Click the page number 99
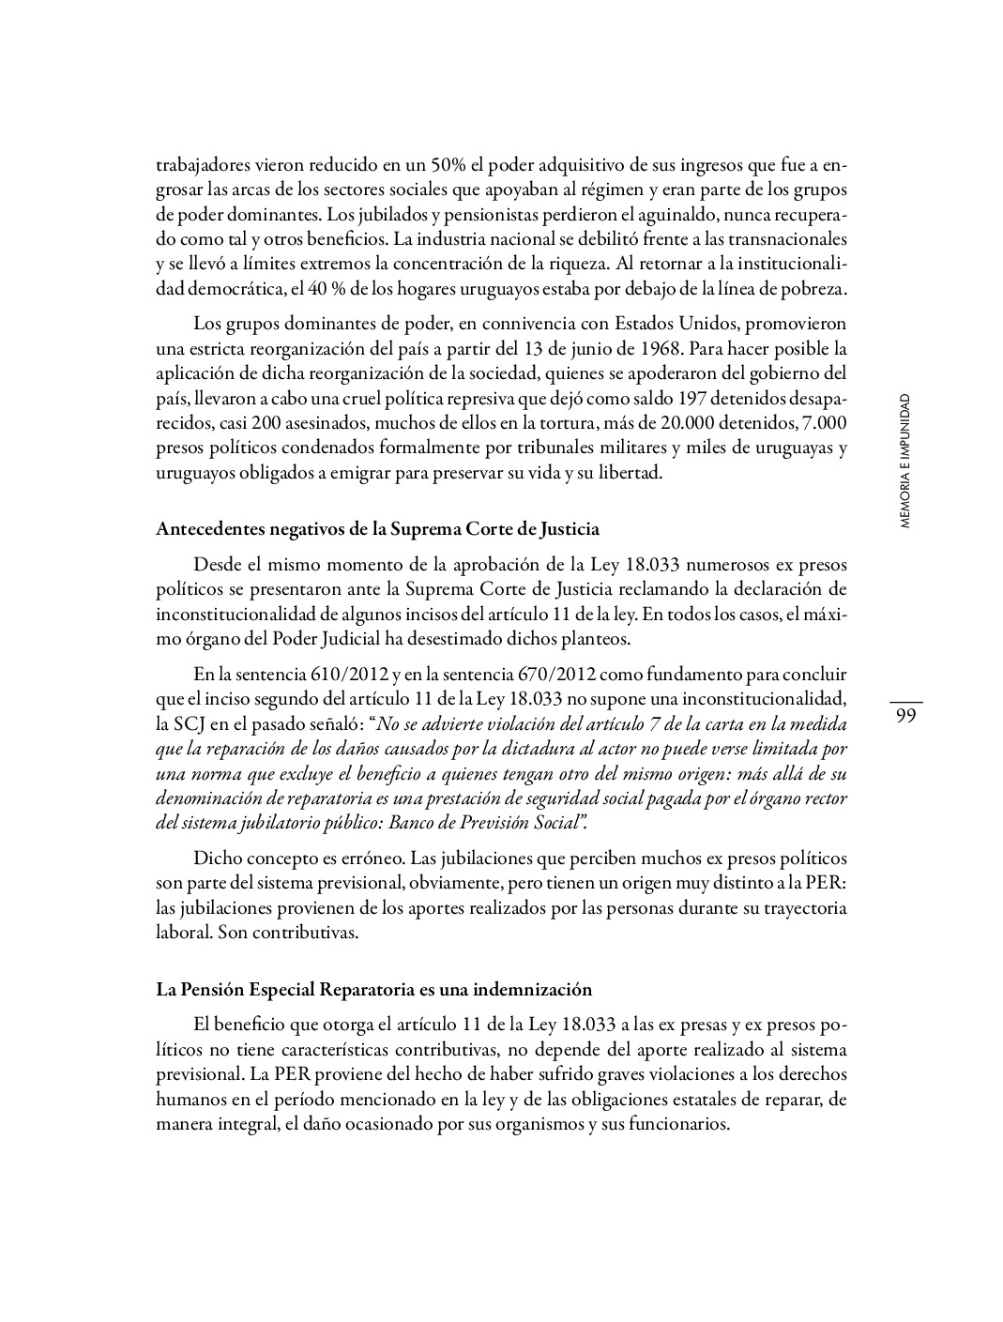pyautogui.click(x=905, y=716)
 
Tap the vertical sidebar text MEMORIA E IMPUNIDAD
pyautogui.click(x=904, y=462)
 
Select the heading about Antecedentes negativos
pyautogui.click(x=377, y=528)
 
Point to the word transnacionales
pyautogui.click(x=790, y=238)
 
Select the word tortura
pyautogui.click(x=530, y=423)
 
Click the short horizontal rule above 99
pyautogui.click(x=905, y=701)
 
